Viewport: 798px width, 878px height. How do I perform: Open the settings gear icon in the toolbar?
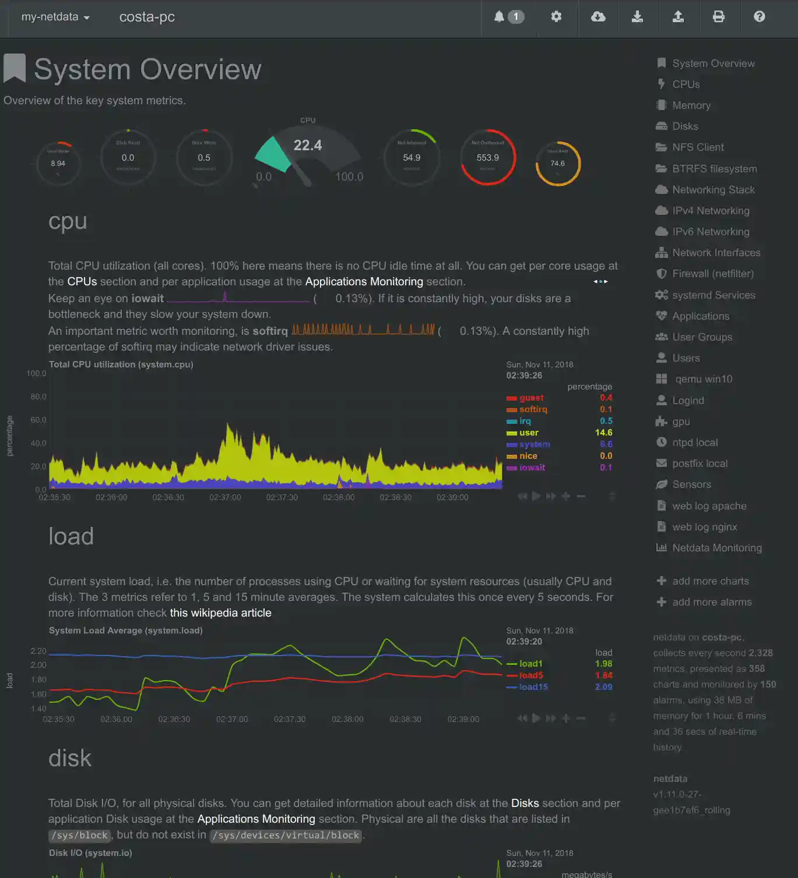coord(556,16)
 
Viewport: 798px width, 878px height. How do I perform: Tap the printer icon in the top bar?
coord(719,16)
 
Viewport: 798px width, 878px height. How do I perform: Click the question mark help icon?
coord(759,16)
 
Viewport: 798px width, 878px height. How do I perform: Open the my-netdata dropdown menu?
coord(55,17)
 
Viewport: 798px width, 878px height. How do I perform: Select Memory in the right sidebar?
coord(691,105)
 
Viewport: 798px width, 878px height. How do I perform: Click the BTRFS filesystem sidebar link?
coord(714,169)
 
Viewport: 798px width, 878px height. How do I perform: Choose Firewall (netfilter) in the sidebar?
coord(712,274)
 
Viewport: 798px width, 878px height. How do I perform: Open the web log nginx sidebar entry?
coord(704,527)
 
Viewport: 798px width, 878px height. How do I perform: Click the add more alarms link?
coord(711,602)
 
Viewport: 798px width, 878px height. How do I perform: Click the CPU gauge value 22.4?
coord(307,145)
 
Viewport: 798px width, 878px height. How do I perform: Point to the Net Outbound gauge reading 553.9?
coord(487,158)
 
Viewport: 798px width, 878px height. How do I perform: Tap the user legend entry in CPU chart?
coord(529,433)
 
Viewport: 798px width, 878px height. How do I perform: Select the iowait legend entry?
coord(532,468)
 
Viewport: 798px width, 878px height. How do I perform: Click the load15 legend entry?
coord(533,687)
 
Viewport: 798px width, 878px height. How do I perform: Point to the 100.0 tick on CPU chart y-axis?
coord(36,373)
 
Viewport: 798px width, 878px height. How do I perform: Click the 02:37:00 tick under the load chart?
coord(232,719)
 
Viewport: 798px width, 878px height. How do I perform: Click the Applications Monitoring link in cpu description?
coord(364,282)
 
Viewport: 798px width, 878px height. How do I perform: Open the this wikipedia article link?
coord(220,613)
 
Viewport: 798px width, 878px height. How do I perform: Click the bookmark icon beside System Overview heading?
coord(15,68)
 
